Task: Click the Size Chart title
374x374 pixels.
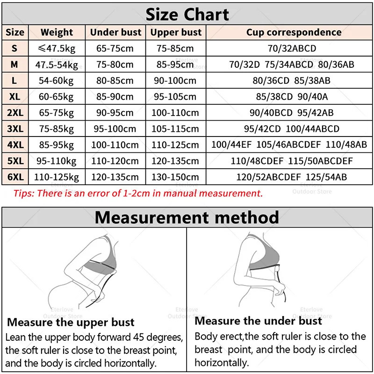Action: (187, 14)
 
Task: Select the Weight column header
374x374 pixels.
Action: (57, 32)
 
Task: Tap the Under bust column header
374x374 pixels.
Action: (115, 32)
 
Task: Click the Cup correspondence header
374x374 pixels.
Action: (294, 32)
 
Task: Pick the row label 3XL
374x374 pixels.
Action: (14, 129)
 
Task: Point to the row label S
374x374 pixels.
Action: (14, 48)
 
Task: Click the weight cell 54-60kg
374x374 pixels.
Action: (56, 80)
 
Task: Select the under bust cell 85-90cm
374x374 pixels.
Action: (115, 97)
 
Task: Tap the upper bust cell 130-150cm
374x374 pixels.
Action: (176, 177)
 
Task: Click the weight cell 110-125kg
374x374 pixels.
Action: (57, 177)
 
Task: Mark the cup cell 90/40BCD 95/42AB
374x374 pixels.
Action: (291, 113)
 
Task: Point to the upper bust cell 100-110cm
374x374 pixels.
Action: (176, 113)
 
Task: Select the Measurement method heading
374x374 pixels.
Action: (187, 217)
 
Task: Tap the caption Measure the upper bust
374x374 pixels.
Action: (71, 322)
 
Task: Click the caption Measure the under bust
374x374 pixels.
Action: (258, 321)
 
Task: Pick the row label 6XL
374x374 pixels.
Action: (14, 177)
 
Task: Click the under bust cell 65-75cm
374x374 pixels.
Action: (115, 48)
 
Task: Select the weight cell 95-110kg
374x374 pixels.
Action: (57, 161)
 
